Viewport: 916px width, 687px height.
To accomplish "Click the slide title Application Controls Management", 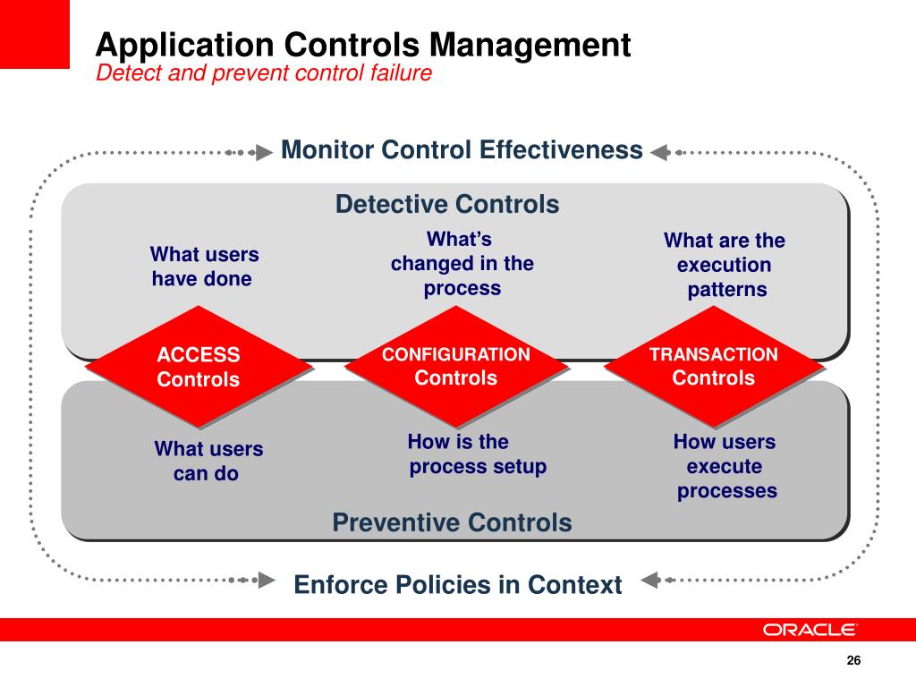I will tap(363, 45).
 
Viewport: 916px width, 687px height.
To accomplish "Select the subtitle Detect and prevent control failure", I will tap(264, 73).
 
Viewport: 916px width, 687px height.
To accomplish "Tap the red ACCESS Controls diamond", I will tap(199, 367).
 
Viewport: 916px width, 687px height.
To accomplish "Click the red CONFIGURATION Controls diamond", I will tap(456, 367).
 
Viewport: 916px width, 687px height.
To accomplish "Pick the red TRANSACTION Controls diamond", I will tap(714, 367).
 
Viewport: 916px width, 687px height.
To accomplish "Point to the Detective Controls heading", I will tap(447, 205).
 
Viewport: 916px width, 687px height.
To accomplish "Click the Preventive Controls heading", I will tap(452, 522).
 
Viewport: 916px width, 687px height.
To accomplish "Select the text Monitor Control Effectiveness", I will tap(462, 149).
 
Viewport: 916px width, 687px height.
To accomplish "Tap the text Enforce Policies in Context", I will tap(457, 585).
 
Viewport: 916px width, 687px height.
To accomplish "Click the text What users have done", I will tap(204, 267).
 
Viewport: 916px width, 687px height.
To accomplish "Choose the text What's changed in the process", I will tap(462, 263).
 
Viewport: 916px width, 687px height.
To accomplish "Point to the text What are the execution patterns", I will tap(725, 265).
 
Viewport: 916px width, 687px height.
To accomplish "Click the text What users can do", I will tap(208, 461).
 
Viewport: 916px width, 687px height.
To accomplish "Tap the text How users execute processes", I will tap(725, 466).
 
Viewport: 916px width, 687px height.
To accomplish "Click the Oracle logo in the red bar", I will tap(810, 630).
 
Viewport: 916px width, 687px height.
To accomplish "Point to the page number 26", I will tap(852, 661).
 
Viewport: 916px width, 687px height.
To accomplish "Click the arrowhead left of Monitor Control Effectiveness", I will tap(264, 152).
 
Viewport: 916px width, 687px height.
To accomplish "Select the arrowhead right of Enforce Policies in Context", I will tap(650, 580).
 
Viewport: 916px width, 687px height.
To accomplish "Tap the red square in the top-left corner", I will tap(34, 34).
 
